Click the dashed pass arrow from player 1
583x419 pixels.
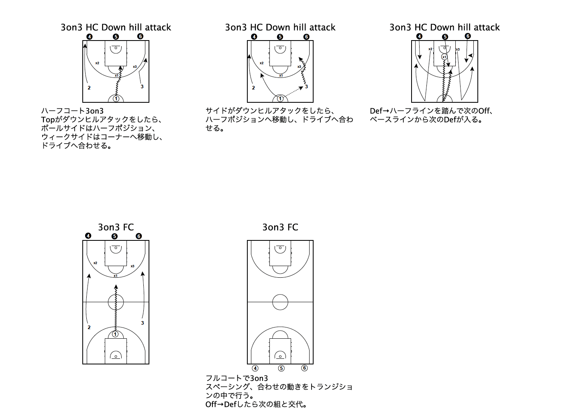click(293, 93)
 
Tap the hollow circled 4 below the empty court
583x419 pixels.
click(255, 368)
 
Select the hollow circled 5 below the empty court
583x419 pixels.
click(281, 368)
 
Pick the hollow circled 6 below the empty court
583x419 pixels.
click(304, 368)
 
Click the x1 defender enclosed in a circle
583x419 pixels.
click(444, 57)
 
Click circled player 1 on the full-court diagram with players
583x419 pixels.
click(115, 334)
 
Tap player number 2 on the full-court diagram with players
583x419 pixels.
click(89, 327)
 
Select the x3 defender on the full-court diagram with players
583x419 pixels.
click(132, 266)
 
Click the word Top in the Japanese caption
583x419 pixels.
click(48, 120)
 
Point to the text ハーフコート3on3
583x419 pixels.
click(72, 111)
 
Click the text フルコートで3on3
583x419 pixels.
click(236, 378)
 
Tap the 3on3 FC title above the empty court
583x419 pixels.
click(280, 227)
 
